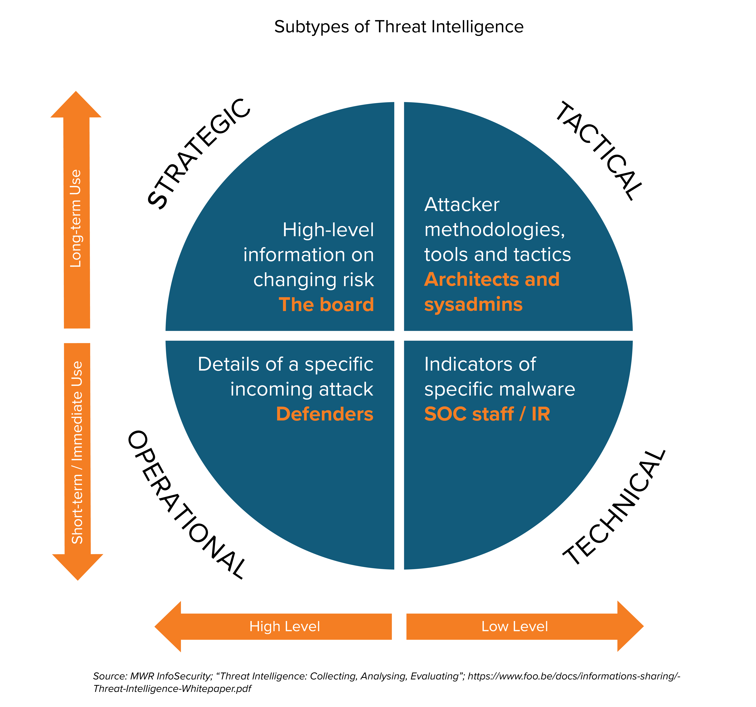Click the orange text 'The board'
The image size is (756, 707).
click(326, 305)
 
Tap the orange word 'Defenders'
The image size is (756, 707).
click(324, 414)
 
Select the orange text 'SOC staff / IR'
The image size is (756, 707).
click(487, 414)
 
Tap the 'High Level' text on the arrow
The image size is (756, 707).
click(284, 626)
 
